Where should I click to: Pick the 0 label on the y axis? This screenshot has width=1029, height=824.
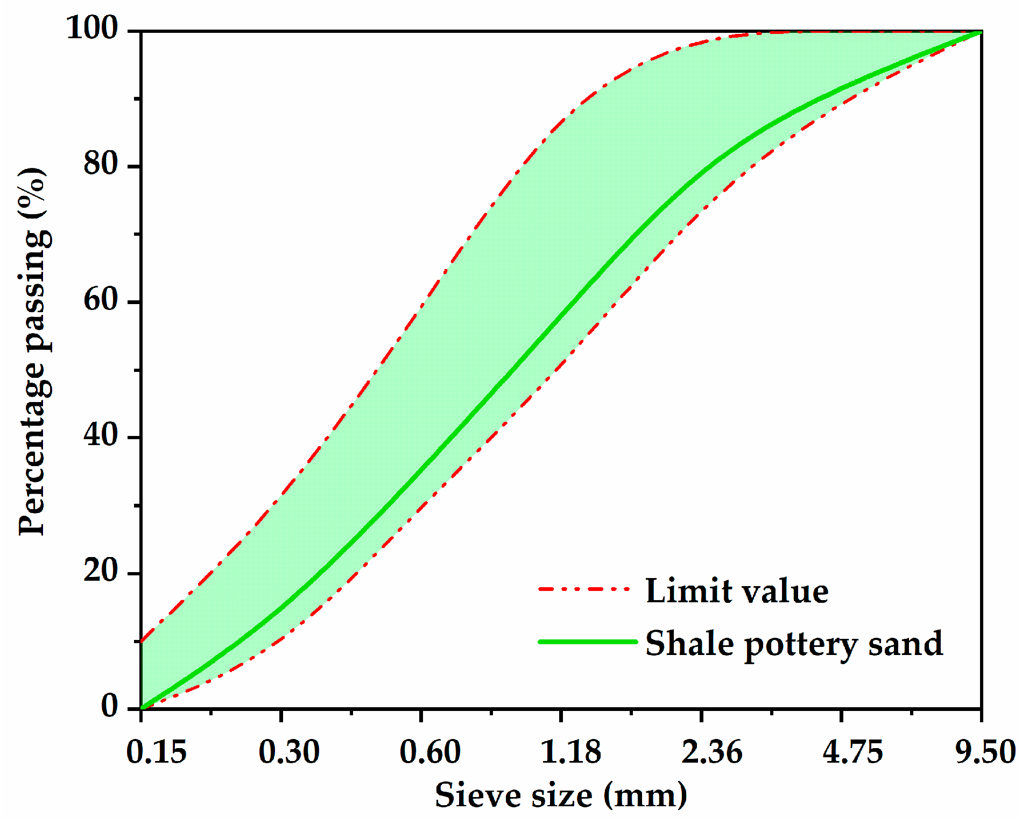coord(110,706)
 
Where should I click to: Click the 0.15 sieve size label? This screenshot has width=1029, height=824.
coord(156,752)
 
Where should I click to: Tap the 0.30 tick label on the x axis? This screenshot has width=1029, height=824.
coord(289,752)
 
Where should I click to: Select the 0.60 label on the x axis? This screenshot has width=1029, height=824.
coord(429,752)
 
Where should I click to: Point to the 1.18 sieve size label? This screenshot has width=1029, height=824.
coord(570,752)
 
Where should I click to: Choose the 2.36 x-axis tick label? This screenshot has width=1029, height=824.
coord(711,752)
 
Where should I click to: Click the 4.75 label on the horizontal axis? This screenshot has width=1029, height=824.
coord(852,752)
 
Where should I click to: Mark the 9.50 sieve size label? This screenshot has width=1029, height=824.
coord(985,752)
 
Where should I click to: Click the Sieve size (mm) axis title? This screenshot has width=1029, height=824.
coord(561,795)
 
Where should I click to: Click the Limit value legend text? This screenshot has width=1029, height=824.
coord(737,591)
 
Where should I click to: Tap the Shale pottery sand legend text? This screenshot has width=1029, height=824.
coord(794,644)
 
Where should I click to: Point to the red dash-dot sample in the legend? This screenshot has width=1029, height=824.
coord(584,589)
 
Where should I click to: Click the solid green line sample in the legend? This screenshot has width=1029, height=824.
coord(587,642)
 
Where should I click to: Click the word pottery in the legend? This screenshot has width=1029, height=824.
coord(801,645)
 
